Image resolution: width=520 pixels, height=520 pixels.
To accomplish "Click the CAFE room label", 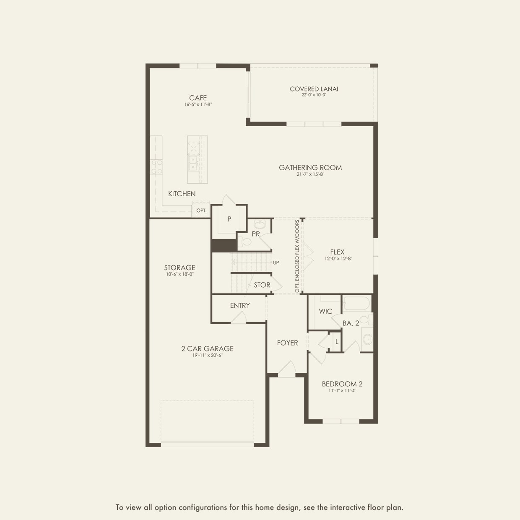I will [198, 98].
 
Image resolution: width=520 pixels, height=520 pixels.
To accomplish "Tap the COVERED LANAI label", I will [314, 89].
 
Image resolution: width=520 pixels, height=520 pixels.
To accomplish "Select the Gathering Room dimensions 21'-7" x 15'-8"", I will [310, 174].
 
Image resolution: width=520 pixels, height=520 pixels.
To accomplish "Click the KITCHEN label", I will [182, 194].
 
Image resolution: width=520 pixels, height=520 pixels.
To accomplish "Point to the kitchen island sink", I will [193, 163].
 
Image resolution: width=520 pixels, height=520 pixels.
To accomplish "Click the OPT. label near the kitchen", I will [202, 211].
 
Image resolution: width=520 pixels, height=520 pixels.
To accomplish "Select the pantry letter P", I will [229, 219].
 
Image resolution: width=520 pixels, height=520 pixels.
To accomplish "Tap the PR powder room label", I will [256, 234].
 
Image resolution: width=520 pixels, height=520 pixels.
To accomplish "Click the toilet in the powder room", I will [245, 242].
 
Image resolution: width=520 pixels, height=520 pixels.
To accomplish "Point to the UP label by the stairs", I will [276, 263].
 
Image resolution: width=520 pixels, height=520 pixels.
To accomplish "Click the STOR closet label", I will [262, 285].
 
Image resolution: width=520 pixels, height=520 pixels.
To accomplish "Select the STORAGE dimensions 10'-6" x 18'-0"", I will [179, 274].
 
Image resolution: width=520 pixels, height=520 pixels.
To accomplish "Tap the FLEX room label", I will [337, 252].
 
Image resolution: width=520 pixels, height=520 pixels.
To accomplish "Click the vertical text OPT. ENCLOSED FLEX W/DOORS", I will [297, 256].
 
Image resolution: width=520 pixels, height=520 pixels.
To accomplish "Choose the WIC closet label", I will [325, 311].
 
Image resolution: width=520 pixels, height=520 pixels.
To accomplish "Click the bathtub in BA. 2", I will [356, 303].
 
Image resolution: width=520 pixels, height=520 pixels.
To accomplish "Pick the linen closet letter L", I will [337, 342].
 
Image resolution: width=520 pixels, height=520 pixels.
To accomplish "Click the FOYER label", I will [287, 343].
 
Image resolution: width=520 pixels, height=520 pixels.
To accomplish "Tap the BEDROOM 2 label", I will [342, 384].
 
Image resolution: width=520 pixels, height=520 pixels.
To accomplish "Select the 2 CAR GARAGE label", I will [207, 348].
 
